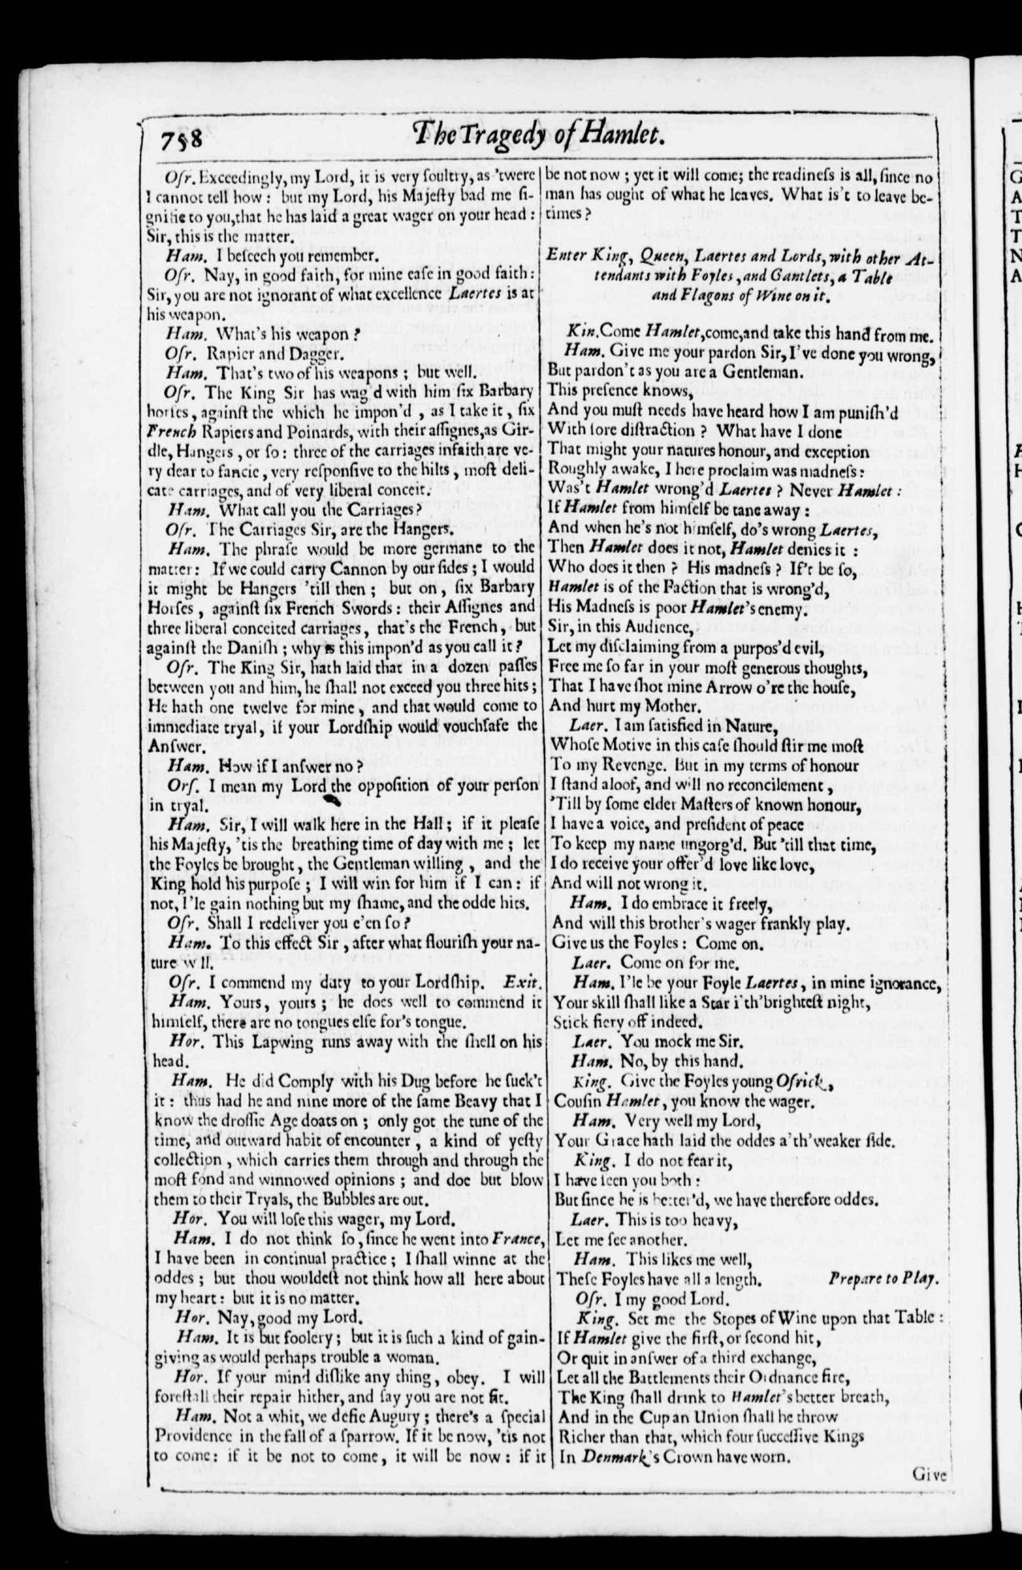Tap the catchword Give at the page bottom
pyautogui.click(x=929, y=1473)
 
